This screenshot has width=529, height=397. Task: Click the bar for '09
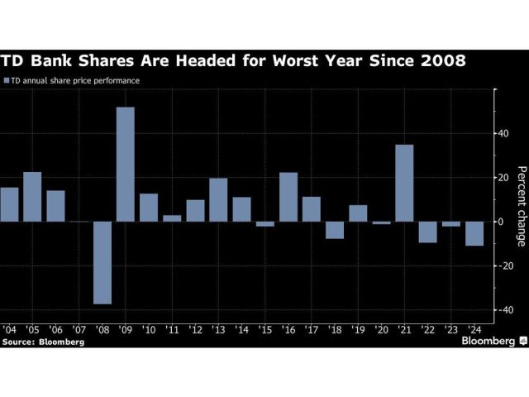click(126, 165)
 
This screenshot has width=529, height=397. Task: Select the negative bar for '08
click(102, 263)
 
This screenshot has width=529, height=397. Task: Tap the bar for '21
click(405, 183)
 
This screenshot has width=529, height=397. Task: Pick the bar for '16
click(288, 197)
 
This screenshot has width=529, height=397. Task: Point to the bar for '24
click(474, 234)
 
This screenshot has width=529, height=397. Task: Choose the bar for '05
click(32, 197)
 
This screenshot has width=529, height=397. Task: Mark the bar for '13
click(218, 200)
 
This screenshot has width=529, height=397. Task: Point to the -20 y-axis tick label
click(501, 265)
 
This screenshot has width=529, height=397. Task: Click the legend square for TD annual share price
click(7, 81)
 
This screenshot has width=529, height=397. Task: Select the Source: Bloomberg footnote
click(43, 340)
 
